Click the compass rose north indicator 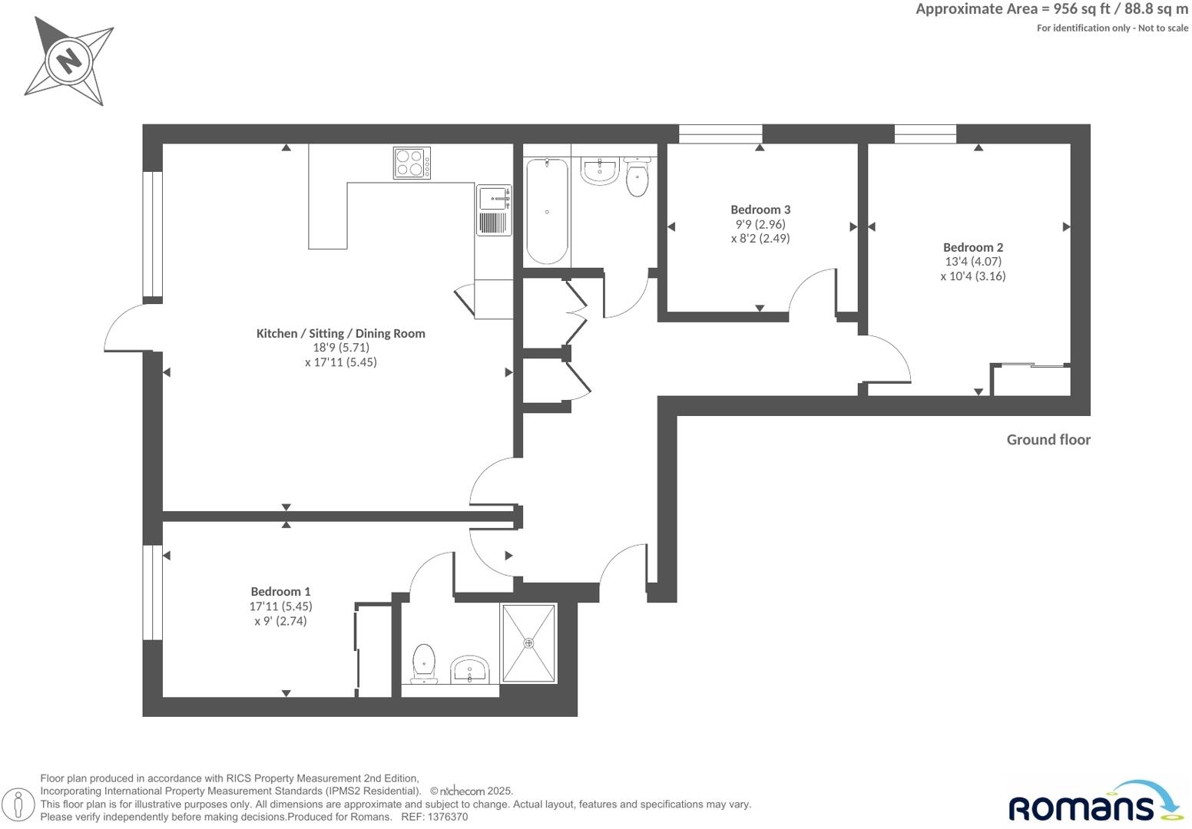tap(69, 60)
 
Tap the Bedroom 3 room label tap(760, 210)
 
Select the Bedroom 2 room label tap(972, 247)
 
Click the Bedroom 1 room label tap(280, 592)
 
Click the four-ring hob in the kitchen tap(412, 163)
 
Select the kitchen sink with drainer tap(494, 210)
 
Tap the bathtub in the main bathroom tap(547, 211)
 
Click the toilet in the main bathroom tap(637, 177)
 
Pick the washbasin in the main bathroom tap(599, 170)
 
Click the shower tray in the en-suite tap(528, 643)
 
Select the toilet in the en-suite tap(424, 663)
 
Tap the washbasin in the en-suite tap(469, 669)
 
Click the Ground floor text tap(1048, 440)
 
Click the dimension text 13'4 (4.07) tap(972, 262)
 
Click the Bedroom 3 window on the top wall tap(720, 134)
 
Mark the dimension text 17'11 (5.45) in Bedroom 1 tap(280, 606)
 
